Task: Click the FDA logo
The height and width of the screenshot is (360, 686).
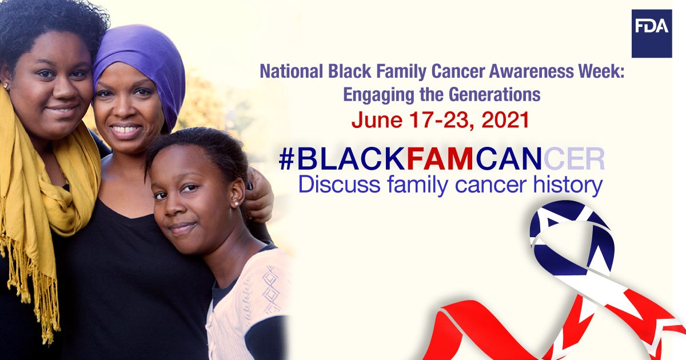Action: tap(652, 34)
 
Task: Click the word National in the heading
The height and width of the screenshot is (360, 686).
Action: tap(291, 71)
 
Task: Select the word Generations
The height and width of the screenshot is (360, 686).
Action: tap(495, 94)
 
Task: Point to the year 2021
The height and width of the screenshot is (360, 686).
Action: tap(505, 120)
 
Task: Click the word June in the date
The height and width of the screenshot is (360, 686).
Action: tap(377, 120)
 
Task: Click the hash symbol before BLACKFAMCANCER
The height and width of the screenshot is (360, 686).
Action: tap(286, 159)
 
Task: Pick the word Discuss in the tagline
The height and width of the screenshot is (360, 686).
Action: tap(340, 185)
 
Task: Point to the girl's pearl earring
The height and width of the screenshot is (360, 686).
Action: tap(237, 203)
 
